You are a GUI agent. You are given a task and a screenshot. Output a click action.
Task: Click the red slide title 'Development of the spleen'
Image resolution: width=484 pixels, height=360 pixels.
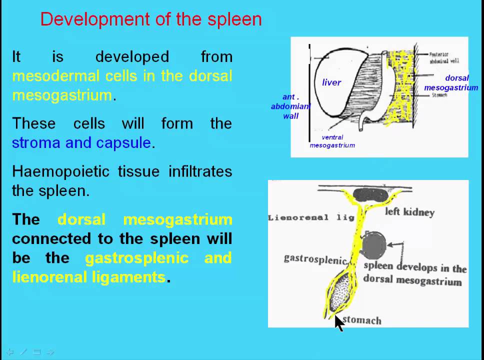tap(151, 19)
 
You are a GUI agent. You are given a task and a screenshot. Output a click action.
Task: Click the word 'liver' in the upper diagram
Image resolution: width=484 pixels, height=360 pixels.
tap(331, 82)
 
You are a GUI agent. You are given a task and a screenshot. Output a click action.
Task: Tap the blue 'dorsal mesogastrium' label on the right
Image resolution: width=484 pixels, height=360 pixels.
tap(451, 83)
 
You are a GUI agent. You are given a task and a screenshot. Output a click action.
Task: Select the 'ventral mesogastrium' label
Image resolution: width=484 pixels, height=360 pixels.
tap(332, 141)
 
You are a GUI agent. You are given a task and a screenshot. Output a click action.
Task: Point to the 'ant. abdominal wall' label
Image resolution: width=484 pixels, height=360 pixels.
tap(291, 106)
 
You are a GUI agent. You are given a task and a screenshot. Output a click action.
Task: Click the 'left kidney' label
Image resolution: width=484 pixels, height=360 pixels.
tap(409, 212)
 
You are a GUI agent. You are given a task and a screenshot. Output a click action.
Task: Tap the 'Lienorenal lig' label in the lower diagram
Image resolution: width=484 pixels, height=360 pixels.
tap(311, 217)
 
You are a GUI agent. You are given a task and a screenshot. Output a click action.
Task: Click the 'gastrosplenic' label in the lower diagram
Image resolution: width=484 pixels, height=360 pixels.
tap(315, 259)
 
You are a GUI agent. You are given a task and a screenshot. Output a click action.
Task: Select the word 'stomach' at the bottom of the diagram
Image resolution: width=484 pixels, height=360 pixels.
tap(362, 320)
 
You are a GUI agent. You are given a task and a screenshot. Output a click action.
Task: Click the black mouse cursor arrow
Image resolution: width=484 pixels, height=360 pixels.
tap(339, 323)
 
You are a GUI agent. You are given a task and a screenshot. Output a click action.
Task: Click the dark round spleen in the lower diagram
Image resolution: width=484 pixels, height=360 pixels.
tap(374, 245)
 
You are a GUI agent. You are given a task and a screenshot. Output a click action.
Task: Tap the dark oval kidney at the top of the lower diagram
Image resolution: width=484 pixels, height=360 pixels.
tap(370, 194)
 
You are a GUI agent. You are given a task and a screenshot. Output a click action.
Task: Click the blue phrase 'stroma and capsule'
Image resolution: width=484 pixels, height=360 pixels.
tap(81, 143)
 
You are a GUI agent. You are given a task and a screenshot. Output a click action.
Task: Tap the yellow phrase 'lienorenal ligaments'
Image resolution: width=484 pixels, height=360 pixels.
tap(88, 277)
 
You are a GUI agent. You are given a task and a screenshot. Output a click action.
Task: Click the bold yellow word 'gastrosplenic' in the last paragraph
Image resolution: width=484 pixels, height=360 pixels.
tap(136, 258)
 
